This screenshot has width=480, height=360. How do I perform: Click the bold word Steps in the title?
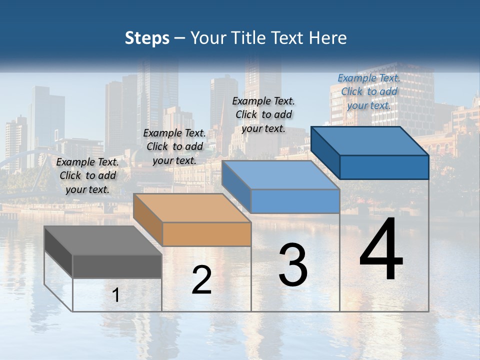pos(147,38)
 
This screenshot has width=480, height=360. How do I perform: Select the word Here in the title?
pos(327,38)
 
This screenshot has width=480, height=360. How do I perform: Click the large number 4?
pos(381,250)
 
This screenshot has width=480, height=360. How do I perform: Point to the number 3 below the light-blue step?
pos(293,265)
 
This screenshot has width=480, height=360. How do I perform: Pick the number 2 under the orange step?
pos(201,280)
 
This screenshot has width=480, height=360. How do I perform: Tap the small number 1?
pos(116,295)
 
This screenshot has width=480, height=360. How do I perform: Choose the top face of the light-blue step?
pos(280,175)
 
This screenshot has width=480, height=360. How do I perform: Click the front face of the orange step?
pos(206,234)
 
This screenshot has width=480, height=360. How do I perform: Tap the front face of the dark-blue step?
pos(384,167)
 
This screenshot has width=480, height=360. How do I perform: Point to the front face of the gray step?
pos(117,266)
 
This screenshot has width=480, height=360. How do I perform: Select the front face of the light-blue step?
pos(295,201)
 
